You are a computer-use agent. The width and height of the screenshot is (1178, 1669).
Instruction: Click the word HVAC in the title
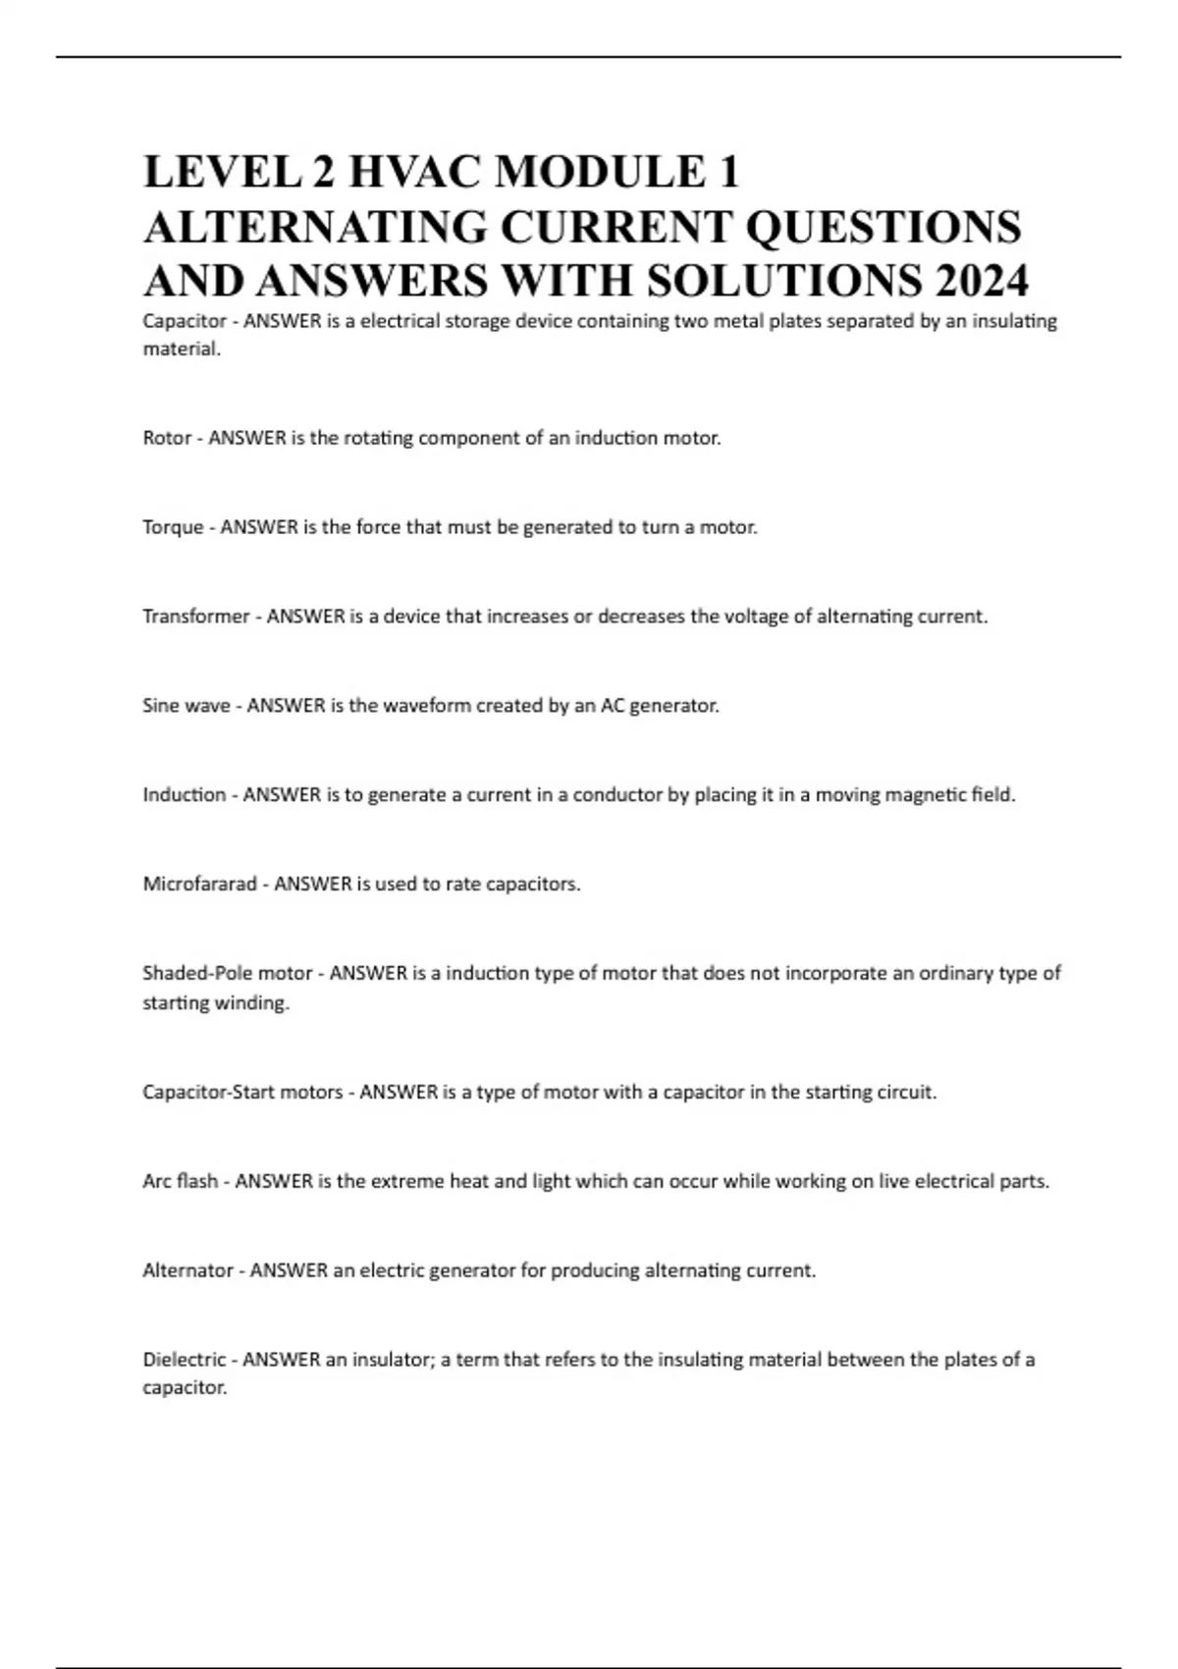tap(413, 173)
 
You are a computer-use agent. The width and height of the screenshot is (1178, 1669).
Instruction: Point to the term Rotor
tap(167, 438)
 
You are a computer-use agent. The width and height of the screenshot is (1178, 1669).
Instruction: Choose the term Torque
tap(173, 527)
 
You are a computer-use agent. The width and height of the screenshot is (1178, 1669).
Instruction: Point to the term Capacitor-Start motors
tap(242, 1092)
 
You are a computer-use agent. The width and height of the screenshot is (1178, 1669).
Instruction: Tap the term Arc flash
tap(180, 1181)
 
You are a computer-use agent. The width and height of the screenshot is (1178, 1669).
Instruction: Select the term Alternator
tap(187, 1270)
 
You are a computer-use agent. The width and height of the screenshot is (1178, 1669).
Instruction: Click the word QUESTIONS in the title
tap(883, 227)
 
